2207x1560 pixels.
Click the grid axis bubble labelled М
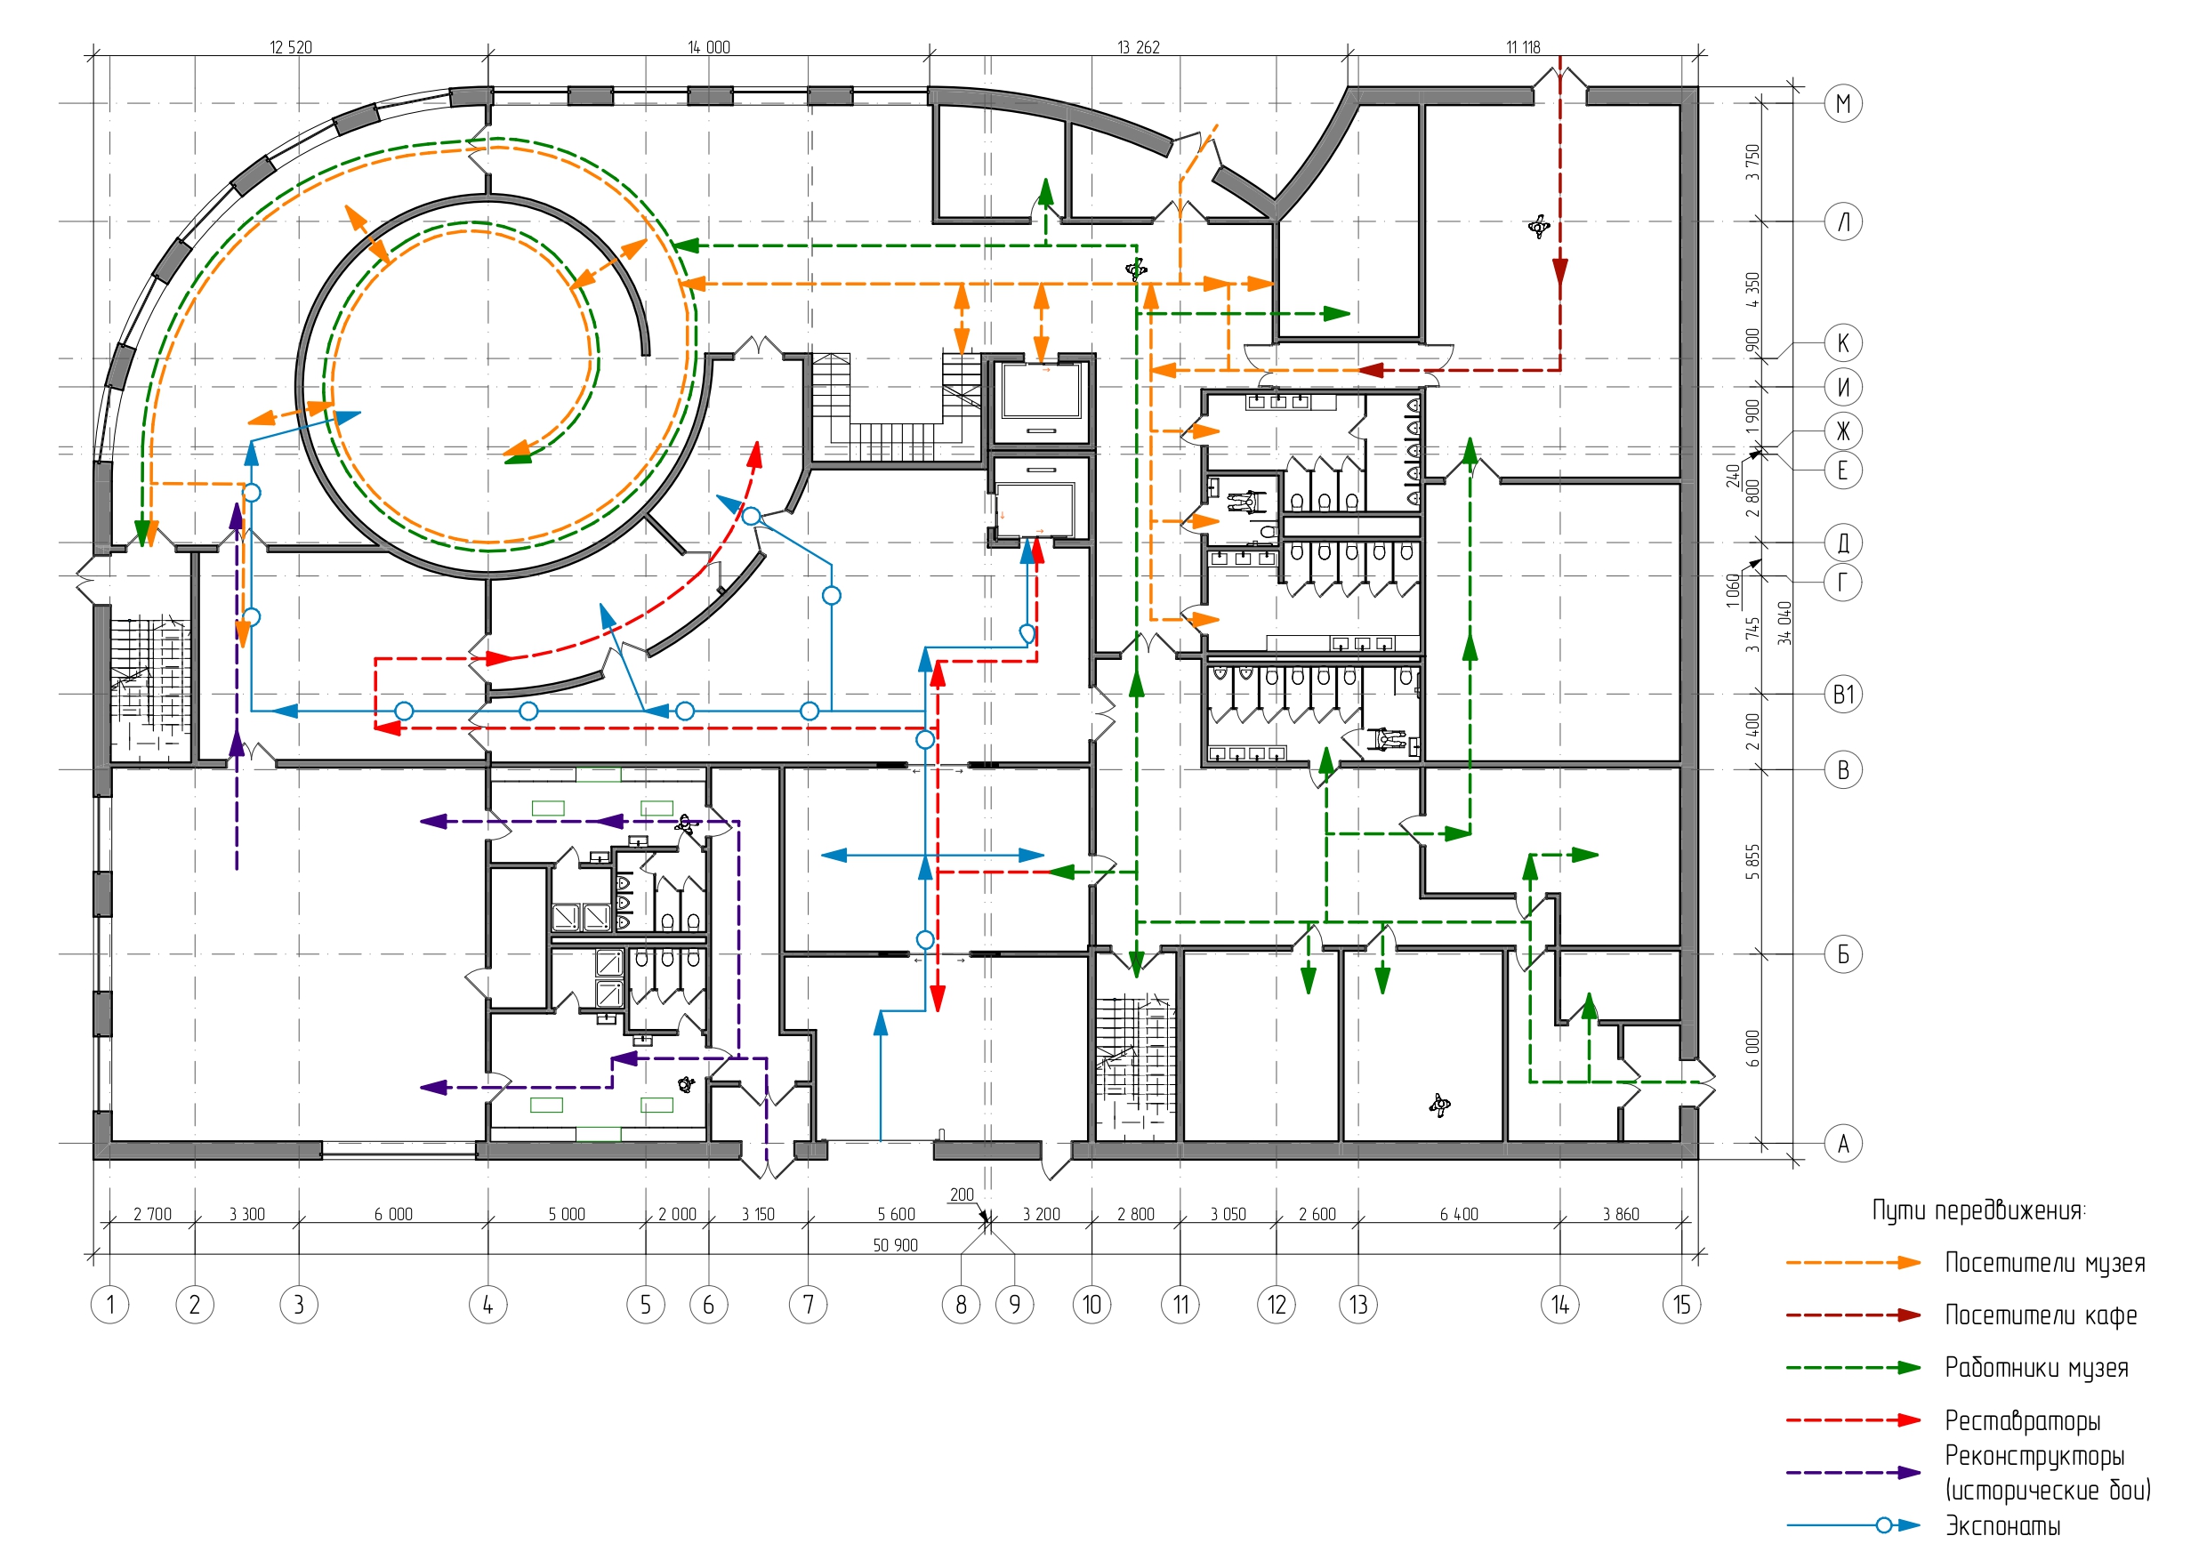click(x=1842, y=103)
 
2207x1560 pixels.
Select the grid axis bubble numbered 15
click(x=1681, y=1305)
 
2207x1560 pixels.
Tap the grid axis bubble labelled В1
click(x=1842, y=694)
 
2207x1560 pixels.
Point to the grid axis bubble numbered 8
click(x=960, y=1305)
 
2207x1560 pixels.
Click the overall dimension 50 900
click(x=895, y=1245)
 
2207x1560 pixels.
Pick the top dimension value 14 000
click(x=708, y=47)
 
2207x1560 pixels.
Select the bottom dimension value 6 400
click(x=1458, y=1214)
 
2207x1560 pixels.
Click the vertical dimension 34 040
click(x=1784, y=623)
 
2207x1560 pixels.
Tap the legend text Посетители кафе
click(x=2041, y=1315)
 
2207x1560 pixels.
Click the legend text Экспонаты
click(x=2002, y=1525)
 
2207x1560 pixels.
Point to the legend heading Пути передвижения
click(x=1978, y=1210)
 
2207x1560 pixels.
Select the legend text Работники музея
click(x=2036, y=1368)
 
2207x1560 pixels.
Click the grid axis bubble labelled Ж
click(x=1842, y=430)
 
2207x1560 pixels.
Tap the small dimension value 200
click(x=962, y=1194)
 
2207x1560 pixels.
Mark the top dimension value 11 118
click(x=1523, y=47)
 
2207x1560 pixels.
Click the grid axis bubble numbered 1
click(x=109, y=1305)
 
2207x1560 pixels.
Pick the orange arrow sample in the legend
click(x=1853, y=1262)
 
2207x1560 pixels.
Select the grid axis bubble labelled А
click(x=1842, y=1144)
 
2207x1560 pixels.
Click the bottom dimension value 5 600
click(x=896, y=1214)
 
